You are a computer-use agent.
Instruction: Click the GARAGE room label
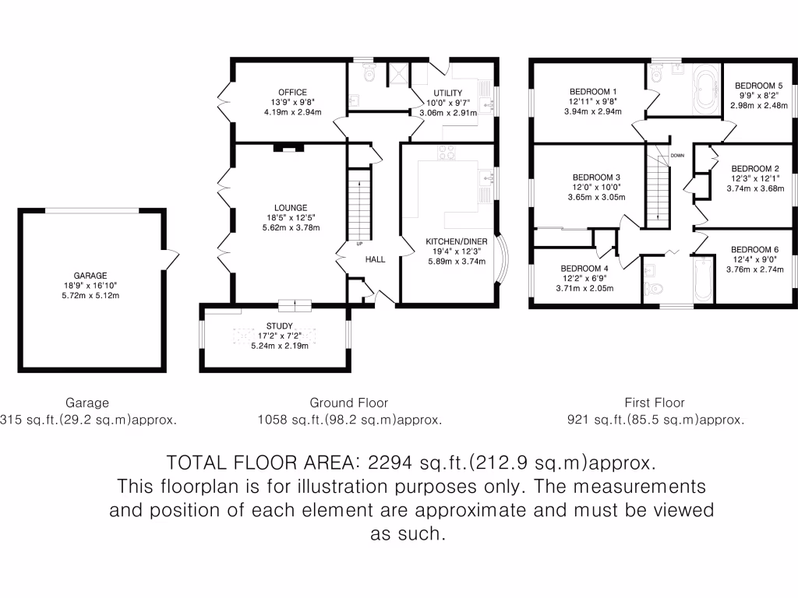pyautogui.click(x=90, y=275)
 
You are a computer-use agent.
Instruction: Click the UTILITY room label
pyautogui.click(x=448, y=93)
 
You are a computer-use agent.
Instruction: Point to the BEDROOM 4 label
pyautogui.click(x=584, y=268)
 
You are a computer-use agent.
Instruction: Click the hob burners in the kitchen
pyautogui.click(x=448, y=153)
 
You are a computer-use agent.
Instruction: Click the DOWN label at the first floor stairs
pyautogui.click(x=676, y=155)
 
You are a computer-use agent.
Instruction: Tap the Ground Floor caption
pyautogui.click(x=348, y=403)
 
